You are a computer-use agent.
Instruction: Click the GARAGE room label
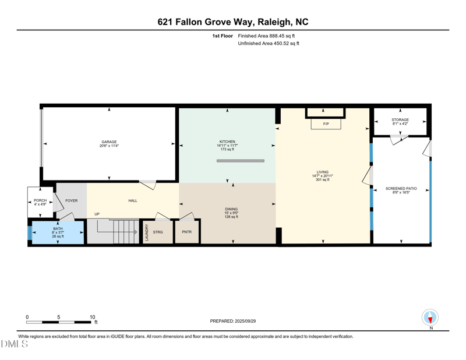(109, 142)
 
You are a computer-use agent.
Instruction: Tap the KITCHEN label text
(227, 142)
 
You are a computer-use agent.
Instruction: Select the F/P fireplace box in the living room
(326, 124)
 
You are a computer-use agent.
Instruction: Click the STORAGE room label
(400, 120)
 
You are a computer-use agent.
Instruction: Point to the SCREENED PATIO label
(401, 189)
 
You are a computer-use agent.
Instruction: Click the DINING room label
(231, 209)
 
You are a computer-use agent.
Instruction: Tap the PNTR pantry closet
(187, 232)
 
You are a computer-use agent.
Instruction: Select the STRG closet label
(158, 232)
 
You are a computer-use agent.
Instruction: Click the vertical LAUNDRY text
(147, 232)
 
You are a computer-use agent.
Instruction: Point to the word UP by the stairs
(97, 214)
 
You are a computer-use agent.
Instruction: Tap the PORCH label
(40, 200)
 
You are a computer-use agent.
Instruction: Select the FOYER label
(71, 200)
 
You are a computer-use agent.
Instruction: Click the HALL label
(133, 200)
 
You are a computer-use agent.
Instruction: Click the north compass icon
(430, 317)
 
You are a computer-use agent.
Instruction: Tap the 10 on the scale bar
(92, 317)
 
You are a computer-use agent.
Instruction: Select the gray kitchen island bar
(241, 161)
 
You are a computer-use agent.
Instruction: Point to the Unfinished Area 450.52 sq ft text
(269, 44)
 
